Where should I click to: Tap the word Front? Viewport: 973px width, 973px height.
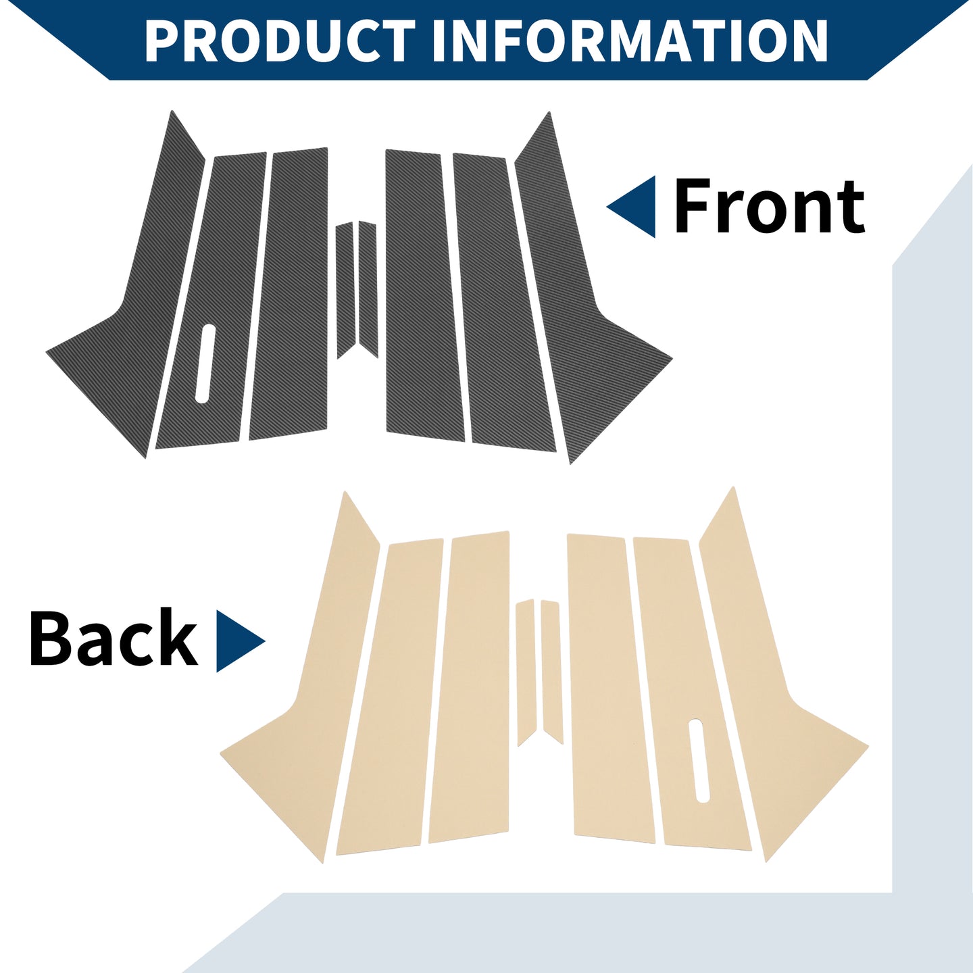click(769, 207)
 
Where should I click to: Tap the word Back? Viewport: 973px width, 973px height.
click(114, 638)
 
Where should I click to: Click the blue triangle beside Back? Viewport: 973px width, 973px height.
click(237, 641)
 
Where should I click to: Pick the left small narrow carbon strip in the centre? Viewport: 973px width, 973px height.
click(345, 291)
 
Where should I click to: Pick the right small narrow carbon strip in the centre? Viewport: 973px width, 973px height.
click(368, 289)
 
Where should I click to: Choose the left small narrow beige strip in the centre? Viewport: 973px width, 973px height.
click(525, 672)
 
